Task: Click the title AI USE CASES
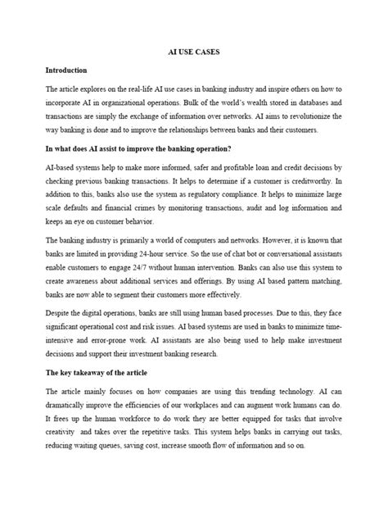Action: [193, 52]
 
